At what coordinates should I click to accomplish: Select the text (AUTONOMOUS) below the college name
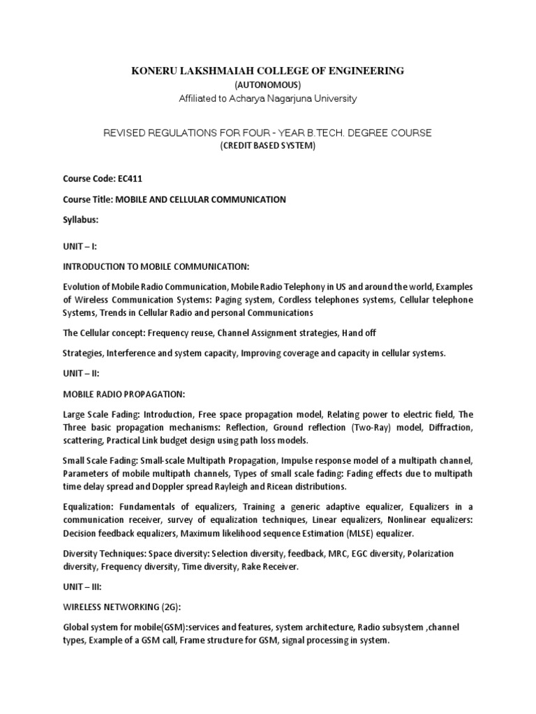268,84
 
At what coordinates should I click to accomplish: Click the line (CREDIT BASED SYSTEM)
268,146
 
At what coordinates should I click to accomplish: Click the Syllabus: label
82,220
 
